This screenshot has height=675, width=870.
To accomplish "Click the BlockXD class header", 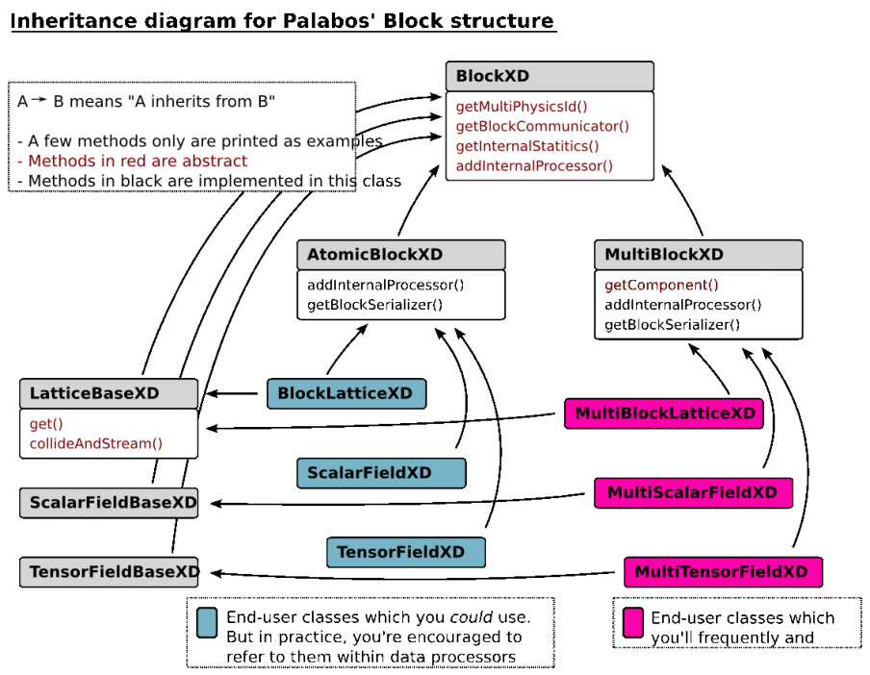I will [x=549, y=76].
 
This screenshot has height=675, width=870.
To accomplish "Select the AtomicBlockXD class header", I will [x=401, y=255].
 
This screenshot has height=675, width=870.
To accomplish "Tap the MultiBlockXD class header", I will [x=698, y=255].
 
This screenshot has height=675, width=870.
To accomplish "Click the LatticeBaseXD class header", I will [x=109, y=393].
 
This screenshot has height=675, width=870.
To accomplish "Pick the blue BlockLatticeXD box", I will [x=345, y=393].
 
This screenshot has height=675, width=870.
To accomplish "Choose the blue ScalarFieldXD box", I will [x=381, y=472].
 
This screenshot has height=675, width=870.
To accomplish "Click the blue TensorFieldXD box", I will [x=405, y=552].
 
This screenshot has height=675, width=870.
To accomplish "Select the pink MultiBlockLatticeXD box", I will [x=664, y=413].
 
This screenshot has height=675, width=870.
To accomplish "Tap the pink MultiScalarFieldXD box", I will [x=693, y=492].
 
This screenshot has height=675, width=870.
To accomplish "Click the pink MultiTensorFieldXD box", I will [x=723, y=571].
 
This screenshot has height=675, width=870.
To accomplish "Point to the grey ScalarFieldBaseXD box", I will [x=109, y=502].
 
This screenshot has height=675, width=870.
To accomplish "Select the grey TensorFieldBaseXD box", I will [x=109, y=572].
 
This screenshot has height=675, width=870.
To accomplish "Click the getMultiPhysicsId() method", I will [x=521, y=107].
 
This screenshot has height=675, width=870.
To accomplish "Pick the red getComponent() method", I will [x=661, y=286].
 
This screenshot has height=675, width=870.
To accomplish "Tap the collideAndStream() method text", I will [x=96, y=443].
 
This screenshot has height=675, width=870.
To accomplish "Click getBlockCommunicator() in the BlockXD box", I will [x=542, y=126].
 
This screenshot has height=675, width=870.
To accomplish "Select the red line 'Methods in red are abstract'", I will [x=138, y=162].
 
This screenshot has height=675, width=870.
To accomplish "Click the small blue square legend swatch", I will [x=206, y=622].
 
